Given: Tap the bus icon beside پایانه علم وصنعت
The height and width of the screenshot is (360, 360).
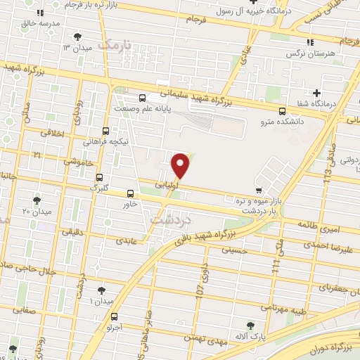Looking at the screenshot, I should click(x=143, y=98).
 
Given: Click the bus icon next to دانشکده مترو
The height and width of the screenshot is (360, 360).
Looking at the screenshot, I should click(x=282, y=111).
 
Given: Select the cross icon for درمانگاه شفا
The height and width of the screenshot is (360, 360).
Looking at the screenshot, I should click(x=317, y=93).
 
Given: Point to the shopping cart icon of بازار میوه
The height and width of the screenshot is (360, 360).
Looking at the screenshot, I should click(x=259, y=190).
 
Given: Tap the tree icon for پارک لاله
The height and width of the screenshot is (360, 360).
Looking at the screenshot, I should click(x=250, y=325).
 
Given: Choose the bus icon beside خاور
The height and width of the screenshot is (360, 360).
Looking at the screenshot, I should click(x=130, y=193).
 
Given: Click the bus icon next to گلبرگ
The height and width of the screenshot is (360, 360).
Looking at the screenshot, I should click(x=99, y=177).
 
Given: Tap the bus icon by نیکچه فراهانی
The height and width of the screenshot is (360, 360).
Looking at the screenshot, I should click(x=105, y=130).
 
